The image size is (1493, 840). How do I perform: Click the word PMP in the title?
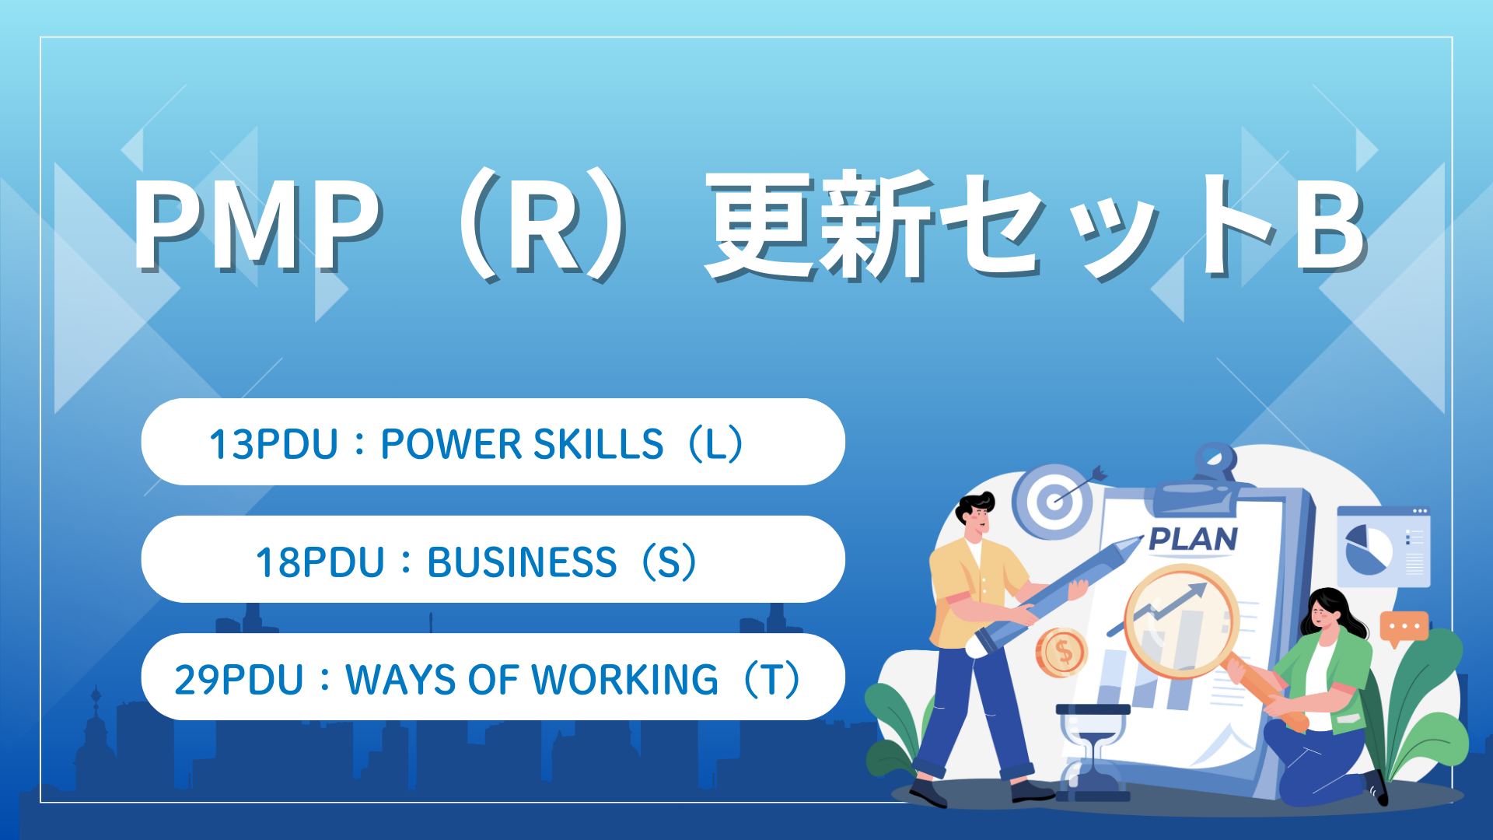tap(257, 226)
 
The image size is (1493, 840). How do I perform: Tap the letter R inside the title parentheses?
tap(547, 226)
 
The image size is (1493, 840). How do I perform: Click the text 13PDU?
tap(273, 444)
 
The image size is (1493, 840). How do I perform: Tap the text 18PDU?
tap(320, 562)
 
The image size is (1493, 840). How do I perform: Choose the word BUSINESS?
tap(522, 562)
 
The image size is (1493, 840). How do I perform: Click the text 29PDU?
tap(239, 680)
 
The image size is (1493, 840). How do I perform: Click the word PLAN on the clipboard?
tap(1193, 539)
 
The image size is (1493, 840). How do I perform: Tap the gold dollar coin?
tap(1061, 652)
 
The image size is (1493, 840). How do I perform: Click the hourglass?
tap(1093, 752)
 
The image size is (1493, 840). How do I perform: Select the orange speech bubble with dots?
tap(1404, 628)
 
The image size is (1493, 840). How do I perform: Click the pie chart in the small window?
tap(1369, 549)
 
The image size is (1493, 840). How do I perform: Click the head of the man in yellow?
tap(975, 517)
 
